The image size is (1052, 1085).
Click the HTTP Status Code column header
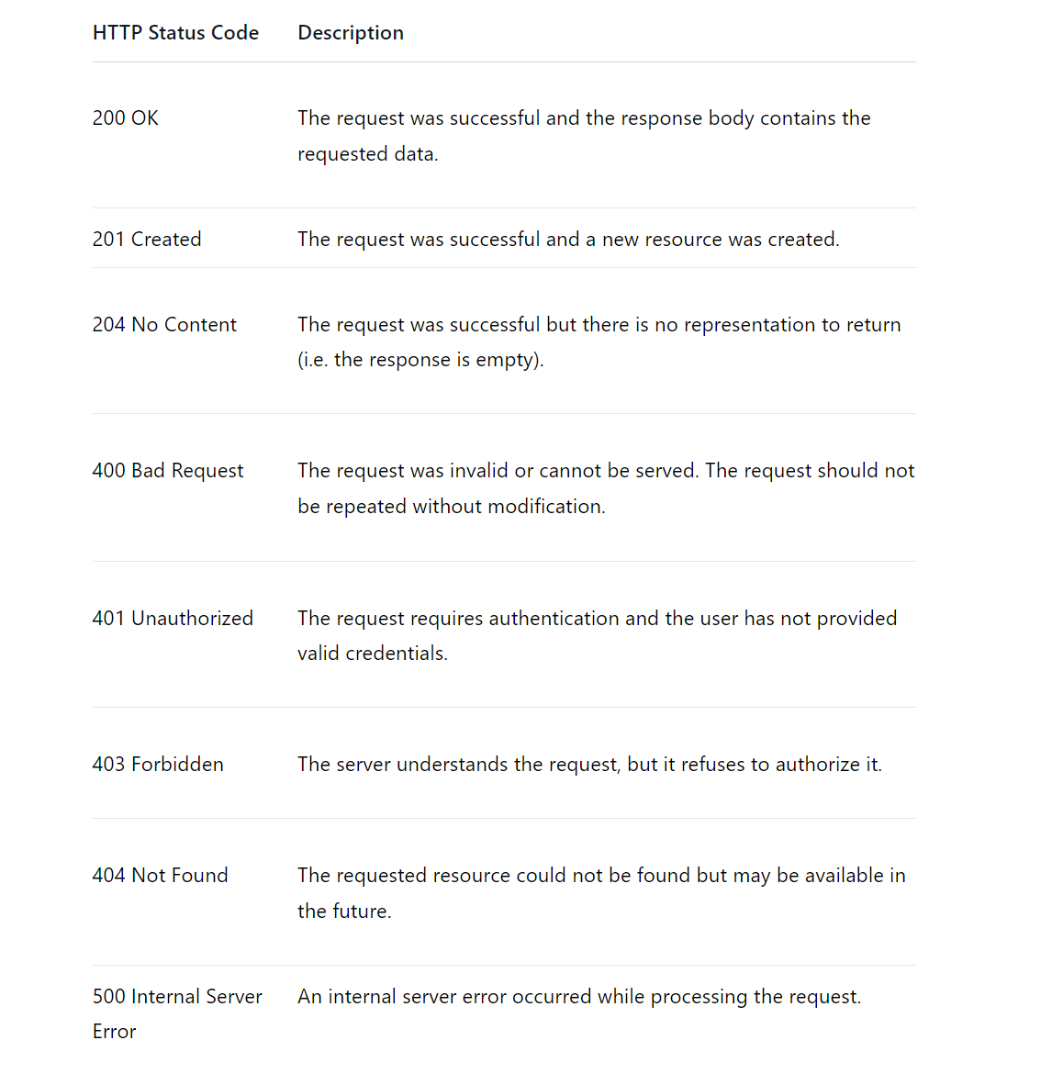point(175,33)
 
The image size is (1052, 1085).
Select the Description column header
point(351,33)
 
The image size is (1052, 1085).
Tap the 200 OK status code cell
point(126,118)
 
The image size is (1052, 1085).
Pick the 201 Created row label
point(147,240)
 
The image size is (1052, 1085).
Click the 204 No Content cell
point(164,325)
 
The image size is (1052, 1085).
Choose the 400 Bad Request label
point(168,471)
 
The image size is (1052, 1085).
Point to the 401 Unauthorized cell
point(173,619)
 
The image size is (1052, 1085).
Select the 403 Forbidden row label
point(158,765)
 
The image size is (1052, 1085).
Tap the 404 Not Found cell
point(160,876)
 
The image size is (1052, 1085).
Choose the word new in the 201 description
point(620,240)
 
